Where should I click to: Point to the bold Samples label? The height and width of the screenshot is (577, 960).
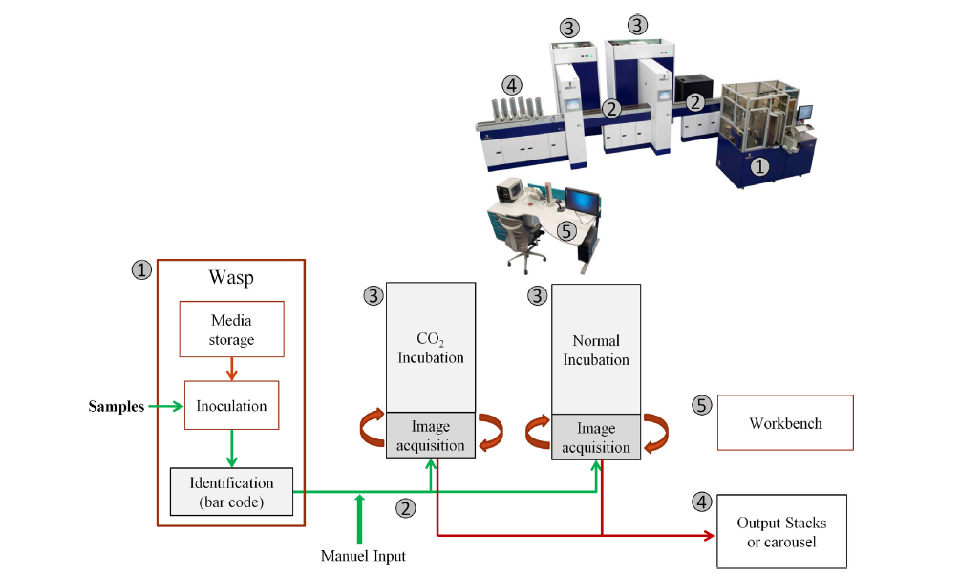(117, 406)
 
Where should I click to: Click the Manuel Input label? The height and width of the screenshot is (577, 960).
(363, 556)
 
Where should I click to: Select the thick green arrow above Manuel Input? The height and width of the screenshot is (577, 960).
(359, 517)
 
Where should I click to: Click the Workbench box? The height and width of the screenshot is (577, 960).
(784, 423)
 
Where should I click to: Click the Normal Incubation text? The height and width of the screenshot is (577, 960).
(595, 350)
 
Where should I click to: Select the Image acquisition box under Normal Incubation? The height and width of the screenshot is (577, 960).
(595, 438)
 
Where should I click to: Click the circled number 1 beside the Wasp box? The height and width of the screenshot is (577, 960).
(140, 270)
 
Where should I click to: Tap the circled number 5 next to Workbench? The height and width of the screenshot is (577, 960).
(701, 405)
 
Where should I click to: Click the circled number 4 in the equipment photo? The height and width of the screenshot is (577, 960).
(512, 85)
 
